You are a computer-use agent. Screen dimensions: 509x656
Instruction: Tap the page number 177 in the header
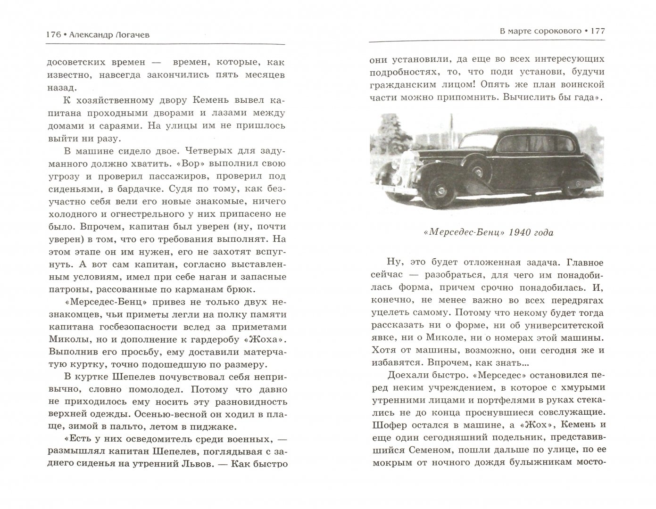point(596,31)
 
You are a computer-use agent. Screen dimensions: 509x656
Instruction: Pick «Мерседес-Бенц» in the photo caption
point(448,232)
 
